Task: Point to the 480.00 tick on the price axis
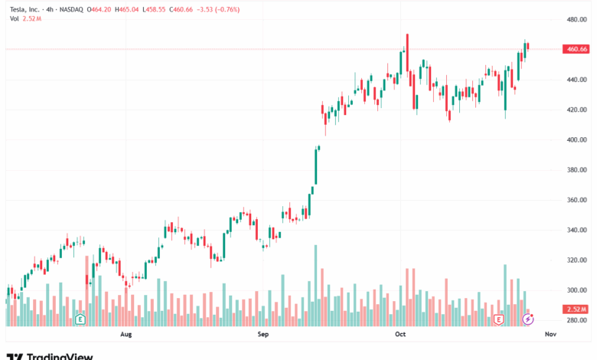tap(576, 19)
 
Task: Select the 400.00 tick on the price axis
tap(576, 139)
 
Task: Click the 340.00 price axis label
tap(576, 230)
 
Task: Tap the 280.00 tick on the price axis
tap(576, 320)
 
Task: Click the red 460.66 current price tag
tap(576, 49)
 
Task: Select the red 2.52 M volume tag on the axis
tap(576, 309)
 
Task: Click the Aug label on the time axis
tap(126, 335)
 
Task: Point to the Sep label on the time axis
tap(263, 335)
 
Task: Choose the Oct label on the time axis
tap(400, 335)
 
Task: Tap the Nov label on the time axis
tap(549, 335)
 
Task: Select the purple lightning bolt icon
tap(527, 318)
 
